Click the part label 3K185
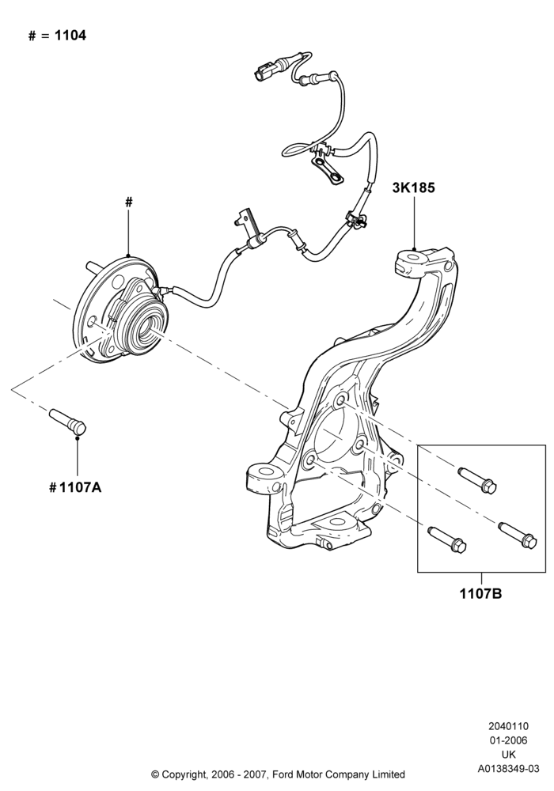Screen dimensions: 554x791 coord(413,187)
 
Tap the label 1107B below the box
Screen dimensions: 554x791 coord(480,594)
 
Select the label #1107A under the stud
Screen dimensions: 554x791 coord(75,487)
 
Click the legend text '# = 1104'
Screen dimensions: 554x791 coord(57,36)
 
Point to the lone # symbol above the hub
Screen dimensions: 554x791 coord(129,202)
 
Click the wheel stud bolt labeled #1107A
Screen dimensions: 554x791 coord(68,422)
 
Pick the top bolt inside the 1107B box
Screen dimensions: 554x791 coord(477,479)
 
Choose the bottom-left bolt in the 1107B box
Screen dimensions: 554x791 coord(447,539)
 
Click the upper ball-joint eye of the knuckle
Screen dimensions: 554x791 coord(414,259)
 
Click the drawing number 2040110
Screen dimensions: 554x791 coord(508,726)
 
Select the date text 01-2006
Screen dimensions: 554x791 coord(508,740)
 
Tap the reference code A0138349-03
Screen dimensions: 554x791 coord(509,769)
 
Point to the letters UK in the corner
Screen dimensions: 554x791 coord(509,755)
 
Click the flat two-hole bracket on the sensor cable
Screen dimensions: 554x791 coord(327,168)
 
